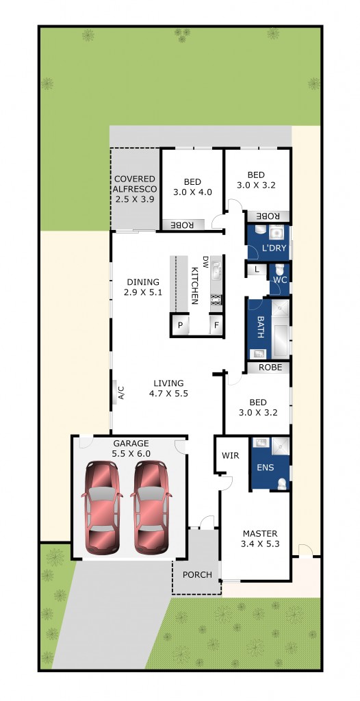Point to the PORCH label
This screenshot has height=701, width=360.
click(196, 574)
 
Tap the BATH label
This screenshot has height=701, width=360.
click(260, 322)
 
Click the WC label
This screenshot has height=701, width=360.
click(279, 280)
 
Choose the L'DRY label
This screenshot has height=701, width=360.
click(274, 248)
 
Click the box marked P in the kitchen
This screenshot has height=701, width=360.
click(180, 326)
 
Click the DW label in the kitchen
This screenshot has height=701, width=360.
click(204, 261)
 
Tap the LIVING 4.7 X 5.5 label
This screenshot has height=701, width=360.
click(168, 388)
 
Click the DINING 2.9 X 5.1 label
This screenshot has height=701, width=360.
click(143, 287)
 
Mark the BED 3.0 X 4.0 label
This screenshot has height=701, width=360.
click(192, 187)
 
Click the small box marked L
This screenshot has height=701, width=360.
click(256, 270)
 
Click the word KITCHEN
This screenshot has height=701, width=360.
click(194, 284)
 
